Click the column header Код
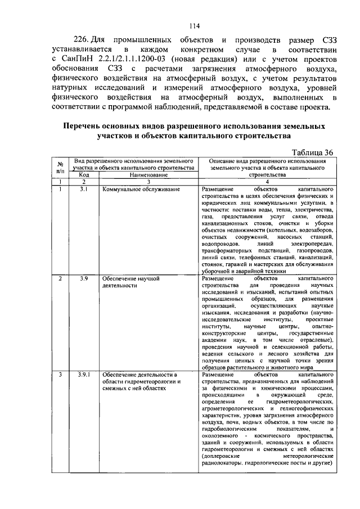(83, 174)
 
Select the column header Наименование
(148, 174)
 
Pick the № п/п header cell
(60, 167)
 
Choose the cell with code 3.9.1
(83, 374)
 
